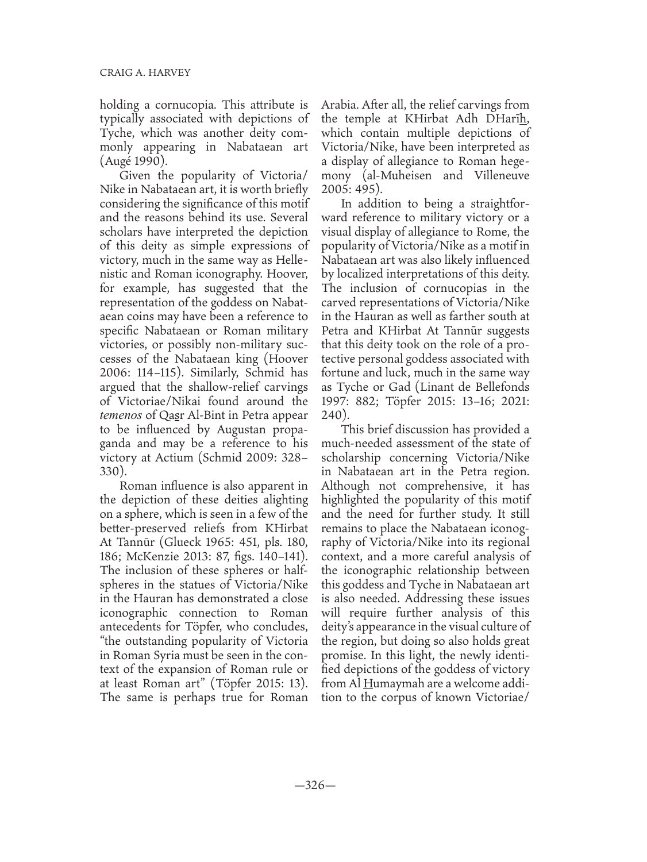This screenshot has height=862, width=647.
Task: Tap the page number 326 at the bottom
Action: pyautogui.click(x=323, y=785)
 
